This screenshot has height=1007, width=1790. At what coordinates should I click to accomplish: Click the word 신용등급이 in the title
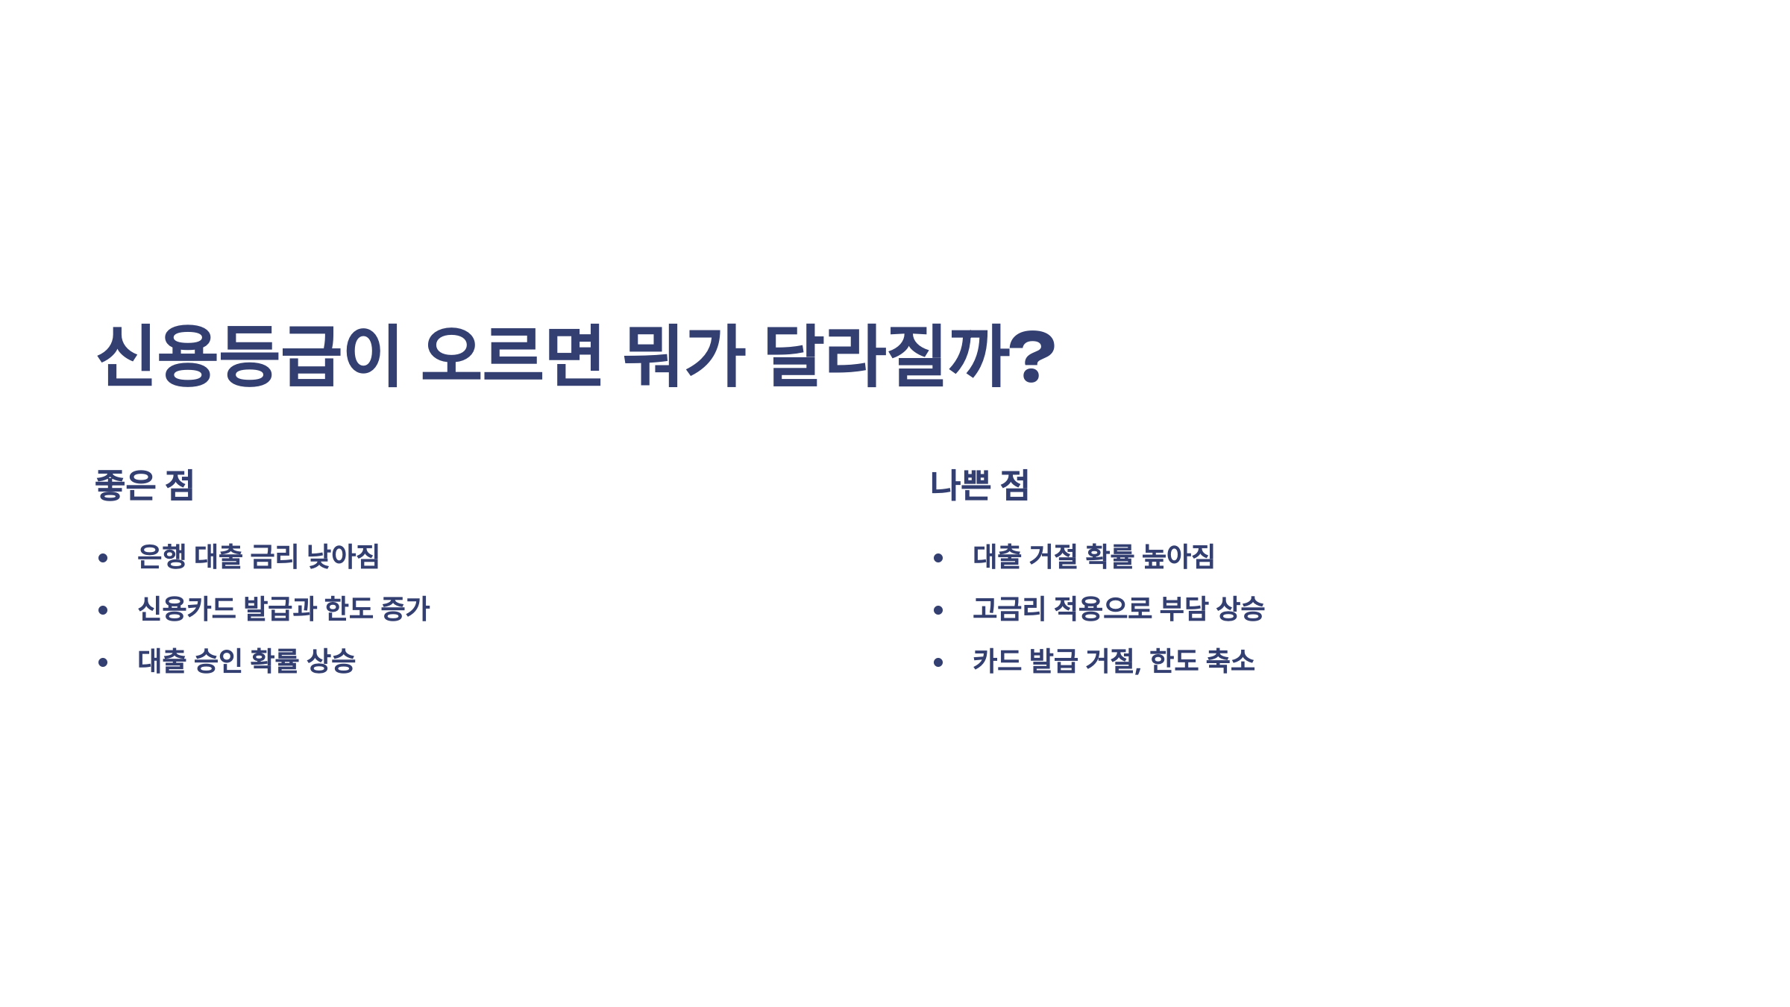(x=249, y=355)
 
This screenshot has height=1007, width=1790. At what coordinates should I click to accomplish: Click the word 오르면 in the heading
(x=512, y=355)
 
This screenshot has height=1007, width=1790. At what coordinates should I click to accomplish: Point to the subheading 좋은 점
(x=145, y=485)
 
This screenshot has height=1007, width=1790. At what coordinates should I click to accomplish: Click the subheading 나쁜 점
(x=979, y=485)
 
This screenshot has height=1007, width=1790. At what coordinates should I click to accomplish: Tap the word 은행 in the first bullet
(x=161, y=556)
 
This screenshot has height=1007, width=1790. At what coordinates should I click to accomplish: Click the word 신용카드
(x=186, y=609)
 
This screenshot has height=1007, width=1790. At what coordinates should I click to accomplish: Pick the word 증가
(x=405, y=609)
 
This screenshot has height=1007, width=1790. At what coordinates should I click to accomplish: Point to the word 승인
(x=218, y=661)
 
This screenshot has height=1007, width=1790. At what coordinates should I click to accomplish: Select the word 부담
(x=1184, y=609)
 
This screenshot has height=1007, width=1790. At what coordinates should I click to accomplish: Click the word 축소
(x=1230, y=661)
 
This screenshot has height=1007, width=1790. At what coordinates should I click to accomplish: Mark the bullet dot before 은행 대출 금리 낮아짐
(x=103, y=558)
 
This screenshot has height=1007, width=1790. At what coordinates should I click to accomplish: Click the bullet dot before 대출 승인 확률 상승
(x=103, y=662)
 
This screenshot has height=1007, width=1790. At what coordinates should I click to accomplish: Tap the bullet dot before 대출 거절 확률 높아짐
(x=938, y=558)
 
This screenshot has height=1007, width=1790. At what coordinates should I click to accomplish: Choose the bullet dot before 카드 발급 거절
(x=938, y=662)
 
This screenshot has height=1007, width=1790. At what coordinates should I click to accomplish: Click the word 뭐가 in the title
(x=683, y=355)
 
